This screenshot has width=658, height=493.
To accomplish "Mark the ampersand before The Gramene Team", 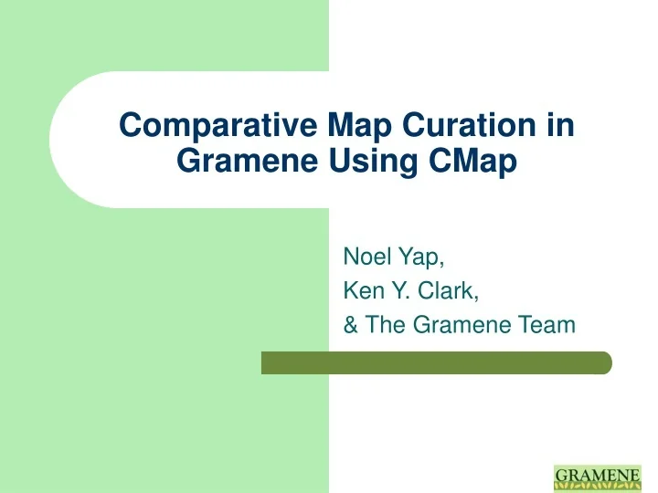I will coord(350,323).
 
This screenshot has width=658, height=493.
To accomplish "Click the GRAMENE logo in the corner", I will coord(599,477).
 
